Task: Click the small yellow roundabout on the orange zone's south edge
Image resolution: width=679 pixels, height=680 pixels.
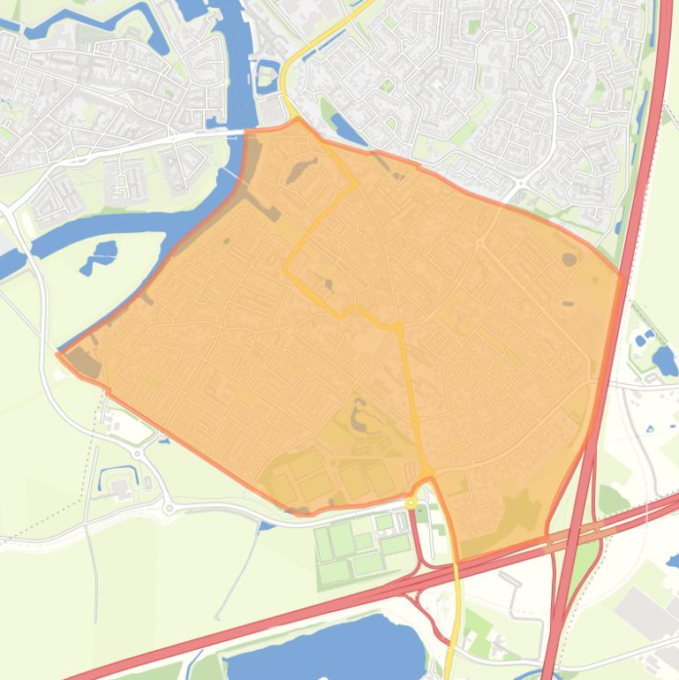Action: pyautogui.click(x=411, y=502)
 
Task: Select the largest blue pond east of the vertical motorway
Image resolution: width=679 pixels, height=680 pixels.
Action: pyautogui.click(x=663, y=360)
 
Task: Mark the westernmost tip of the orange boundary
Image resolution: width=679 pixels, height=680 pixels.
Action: pyautogui.click(x=58, y=354)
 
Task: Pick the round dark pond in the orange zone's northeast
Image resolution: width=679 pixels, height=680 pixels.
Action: pyautogui.click(x=570, y=260)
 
